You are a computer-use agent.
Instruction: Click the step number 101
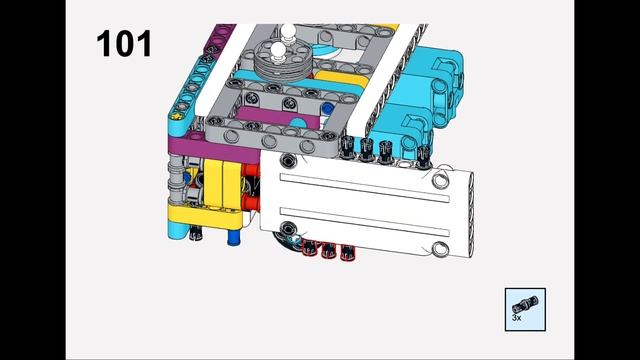click(x=124, y=44)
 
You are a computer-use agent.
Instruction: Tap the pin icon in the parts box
click(x=526, y=305)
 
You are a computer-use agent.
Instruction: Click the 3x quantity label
click(x=516, y=317)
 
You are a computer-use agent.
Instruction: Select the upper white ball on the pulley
click(x=288, y=31)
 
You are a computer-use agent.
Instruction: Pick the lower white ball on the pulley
click(x=278, y=51)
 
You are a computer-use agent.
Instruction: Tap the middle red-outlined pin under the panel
click(x=329, y=250)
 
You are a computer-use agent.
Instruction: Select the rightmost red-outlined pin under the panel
click(x=347, y=253)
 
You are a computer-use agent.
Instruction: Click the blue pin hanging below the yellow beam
click(x=233, y=237)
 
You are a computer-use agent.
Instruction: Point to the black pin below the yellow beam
click(x=196, y=232)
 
